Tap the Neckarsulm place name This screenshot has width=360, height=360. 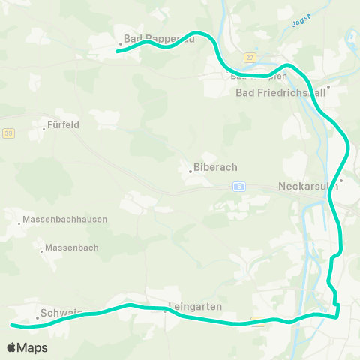click(307, 187)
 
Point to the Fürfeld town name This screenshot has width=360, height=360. click(63, 125)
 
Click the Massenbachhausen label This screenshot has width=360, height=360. click(65, 220)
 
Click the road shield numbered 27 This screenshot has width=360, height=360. click(250, 57)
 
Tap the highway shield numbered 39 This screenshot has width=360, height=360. click(8, 133)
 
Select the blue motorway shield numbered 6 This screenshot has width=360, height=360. click(238, 186)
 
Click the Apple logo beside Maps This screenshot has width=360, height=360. click(12, 348)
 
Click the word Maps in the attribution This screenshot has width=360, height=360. click(33, 348)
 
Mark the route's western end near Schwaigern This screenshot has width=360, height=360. click(12, 325)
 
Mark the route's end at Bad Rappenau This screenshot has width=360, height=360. click(118, 52)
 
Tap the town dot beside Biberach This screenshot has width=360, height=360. click(190, 172)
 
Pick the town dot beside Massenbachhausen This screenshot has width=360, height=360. click(19, 223)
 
